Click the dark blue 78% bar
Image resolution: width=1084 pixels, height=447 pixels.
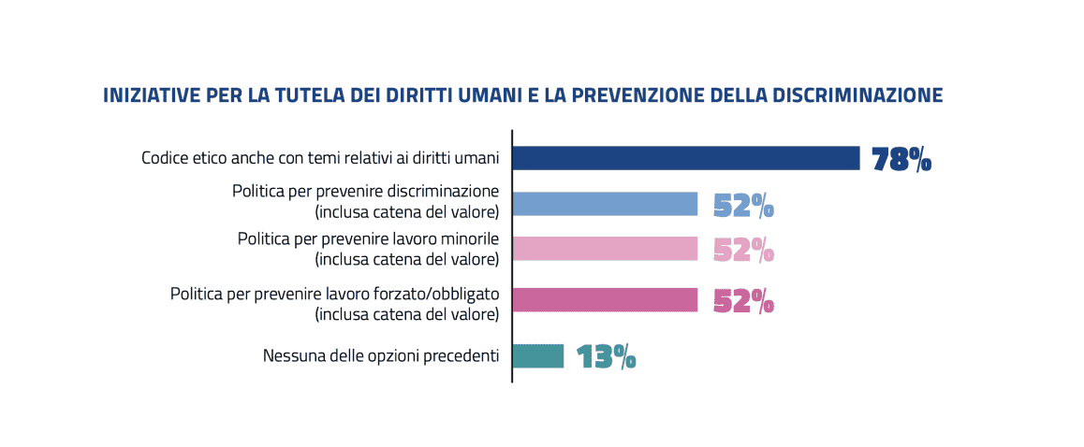click(685, 158)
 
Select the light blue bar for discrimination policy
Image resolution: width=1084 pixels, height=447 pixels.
click(605, 204)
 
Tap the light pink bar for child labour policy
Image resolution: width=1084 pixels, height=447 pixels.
click(605, 249)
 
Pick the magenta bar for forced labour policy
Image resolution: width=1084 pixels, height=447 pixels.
click(605, 299)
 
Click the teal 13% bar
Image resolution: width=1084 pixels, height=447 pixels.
click(538, 355)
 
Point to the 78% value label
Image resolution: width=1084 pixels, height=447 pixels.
click(901, 160)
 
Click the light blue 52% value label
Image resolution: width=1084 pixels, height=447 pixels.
click(743, 205)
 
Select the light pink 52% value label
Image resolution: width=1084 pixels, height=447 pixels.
click(743, 250)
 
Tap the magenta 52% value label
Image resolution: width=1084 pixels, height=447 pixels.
click(743, 300)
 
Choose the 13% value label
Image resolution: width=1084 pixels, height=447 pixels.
click(606, 356)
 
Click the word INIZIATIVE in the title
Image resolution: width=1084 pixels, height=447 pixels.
click(146, 95)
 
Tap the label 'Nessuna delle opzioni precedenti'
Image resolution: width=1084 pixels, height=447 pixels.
click(380, 355)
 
